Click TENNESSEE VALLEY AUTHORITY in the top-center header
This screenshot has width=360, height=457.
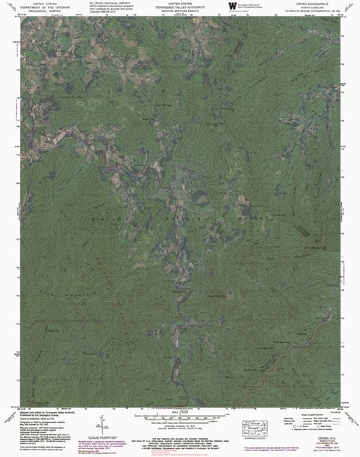tap(180, 8)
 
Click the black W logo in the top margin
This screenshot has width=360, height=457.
tap(229, 7)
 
